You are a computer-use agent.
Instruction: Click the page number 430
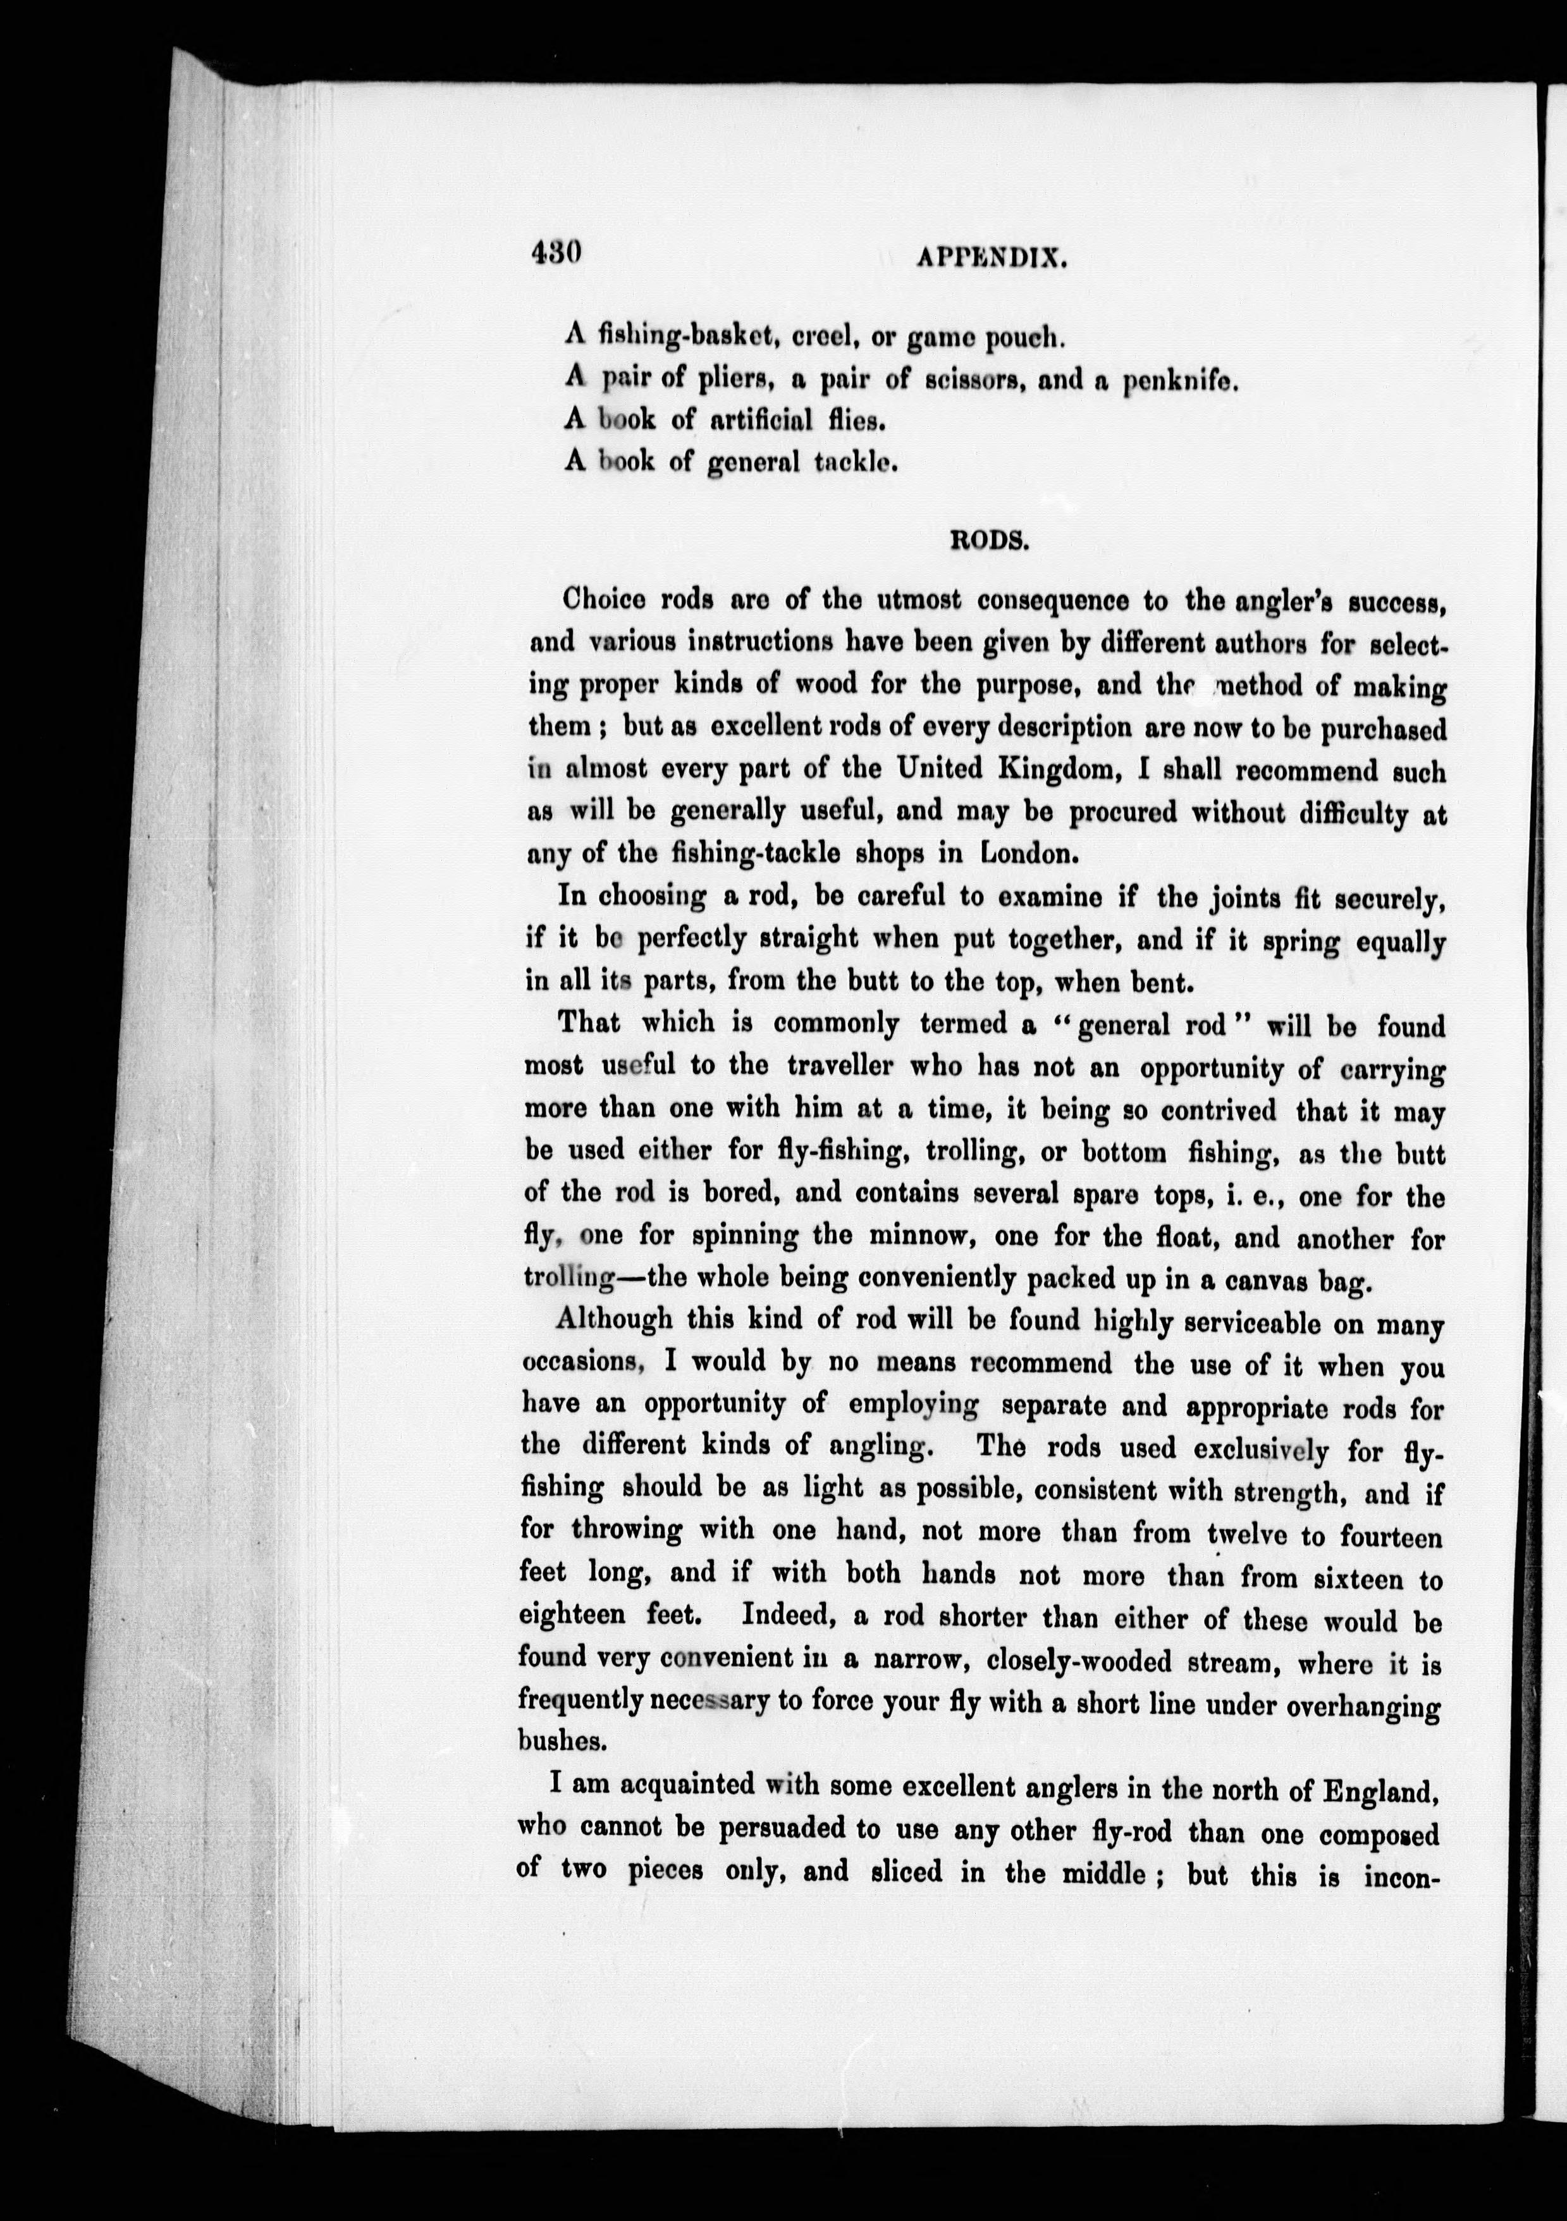(555, 254)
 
